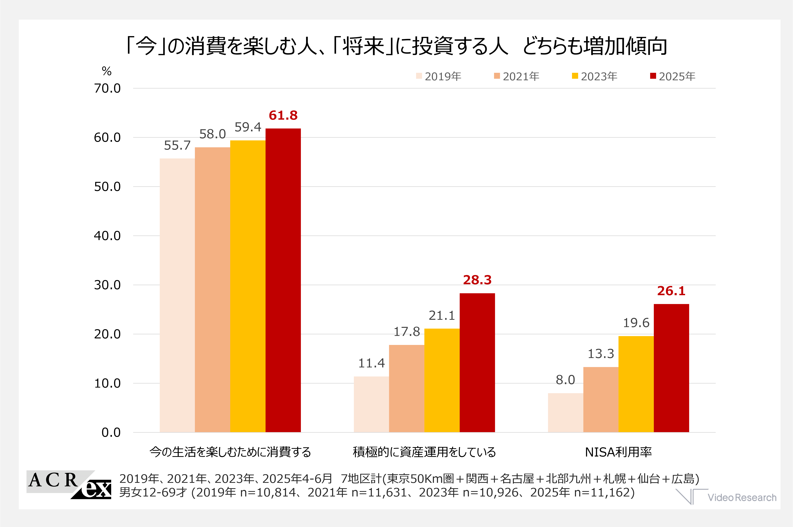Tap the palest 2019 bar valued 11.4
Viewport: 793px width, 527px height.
(x=371, y=404)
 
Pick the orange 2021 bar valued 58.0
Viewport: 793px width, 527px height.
(x=212, y=289)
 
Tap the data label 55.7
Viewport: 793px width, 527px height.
(x=177, y=146)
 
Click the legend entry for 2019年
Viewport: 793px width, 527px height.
(x=439, y=76)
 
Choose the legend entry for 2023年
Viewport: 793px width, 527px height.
(x=595, y=76)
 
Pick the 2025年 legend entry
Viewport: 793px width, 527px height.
(x=673, y=76)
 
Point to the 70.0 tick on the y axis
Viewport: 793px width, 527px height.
(x=107, y=88)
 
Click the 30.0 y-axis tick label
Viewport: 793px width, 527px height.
(x=107, y=285)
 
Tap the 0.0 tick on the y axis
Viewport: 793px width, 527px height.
(x=111, y=433)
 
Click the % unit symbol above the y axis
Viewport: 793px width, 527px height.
(x=107, y=71)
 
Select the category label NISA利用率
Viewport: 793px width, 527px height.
(x=618, y=452)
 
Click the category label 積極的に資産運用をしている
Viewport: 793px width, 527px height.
(x=424, y=452)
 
